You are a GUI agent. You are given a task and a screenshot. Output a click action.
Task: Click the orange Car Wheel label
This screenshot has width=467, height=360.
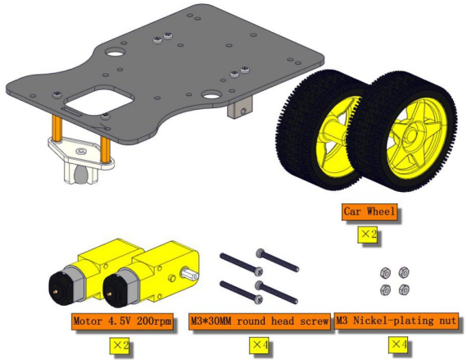(370, 212)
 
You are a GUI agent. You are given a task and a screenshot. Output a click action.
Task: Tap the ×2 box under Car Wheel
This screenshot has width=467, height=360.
(369, 235)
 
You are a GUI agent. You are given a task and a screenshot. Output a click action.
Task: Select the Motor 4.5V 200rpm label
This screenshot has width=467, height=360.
(122, 321)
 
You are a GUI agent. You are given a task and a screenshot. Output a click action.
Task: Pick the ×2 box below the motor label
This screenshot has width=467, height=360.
(120, 346)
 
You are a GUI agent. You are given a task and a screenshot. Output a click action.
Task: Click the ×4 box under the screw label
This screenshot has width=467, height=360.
(259, 345)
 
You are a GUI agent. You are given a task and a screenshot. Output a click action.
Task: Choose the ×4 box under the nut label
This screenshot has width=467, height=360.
(398, 344)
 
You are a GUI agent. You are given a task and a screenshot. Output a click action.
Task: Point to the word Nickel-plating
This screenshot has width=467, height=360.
(393, 321)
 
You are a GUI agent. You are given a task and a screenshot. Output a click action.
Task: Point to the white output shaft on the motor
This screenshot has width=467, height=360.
(189, 274)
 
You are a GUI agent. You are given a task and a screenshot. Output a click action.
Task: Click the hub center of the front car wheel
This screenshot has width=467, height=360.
(412, 135)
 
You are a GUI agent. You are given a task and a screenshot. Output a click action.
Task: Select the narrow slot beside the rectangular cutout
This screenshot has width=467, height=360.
(70, 113)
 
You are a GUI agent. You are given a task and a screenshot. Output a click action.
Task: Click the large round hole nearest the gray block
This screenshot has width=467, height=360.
(211, 95)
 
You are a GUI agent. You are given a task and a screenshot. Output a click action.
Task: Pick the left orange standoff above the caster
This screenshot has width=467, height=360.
(57, 129)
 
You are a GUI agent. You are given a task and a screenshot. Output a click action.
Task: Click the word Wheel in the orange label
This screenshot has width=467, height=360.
(381, 212)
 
